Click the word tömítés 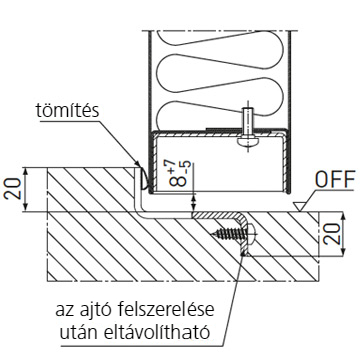[68, 110]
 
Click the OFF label [335, 180]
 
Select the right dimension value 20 [333, 234]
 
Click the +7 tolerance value [172, 166]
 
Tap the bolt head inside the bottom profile [247, 140]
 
